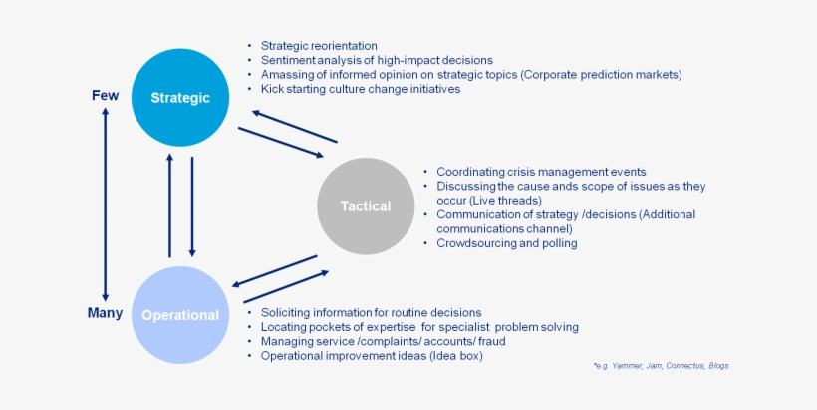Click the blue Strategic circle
pyautogui.click(x=180, y=97)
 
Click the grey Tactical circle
pyautogui.click(x=366, y=206)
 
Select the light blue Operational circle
pyautogui.click(x=180, y=314)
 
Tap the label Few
pyautogui.click(x=105, y=96)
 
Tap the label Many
pyautogui.click(x=105, y=313)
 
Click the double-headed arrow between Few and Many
pyautogui.click(x=105, y=205)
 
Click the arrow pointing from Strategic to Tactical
pyautogui.click(x=281, y=141)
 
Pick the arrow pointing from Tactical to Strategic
pyautogui.click(x=295, y=127)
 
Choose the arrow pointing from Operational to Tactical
pyautogui.click(x=286, y=286)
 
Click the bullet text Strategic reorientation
pyautogui.click(x=319, y=46)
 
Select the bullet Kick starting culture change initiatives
pyautogui.click(x=360, y=89)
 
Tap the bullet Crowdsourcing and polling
pyautogui.click(x=506, y=243)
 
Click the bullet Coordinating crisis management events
pyautogui.click(x=541, y=172)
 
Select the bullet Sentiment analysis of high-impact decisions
pyautogui.click(x=377, y=60)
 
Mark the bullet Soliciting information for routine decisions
pyautogui.click(x=371, y=312)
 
